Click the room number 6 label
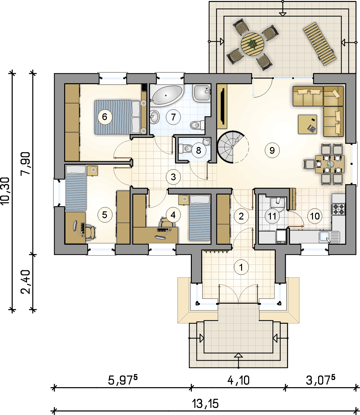[105, 117]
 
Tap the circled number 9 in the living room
[272, 150]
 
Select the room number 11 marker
[272, 216]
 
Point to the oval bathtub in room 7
[167, 95]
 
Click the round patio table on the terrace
[252, 44]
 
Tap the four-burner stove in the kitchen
[339, 209]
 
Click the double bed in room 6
[118, 117]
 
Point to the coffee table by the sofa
[307, 124]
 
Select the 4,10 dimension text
[238, 380]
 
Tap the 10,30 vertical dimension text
[5, 191]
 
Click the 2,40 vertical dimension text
[26, 282]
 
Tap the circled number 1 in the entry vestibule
[241, 267]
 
